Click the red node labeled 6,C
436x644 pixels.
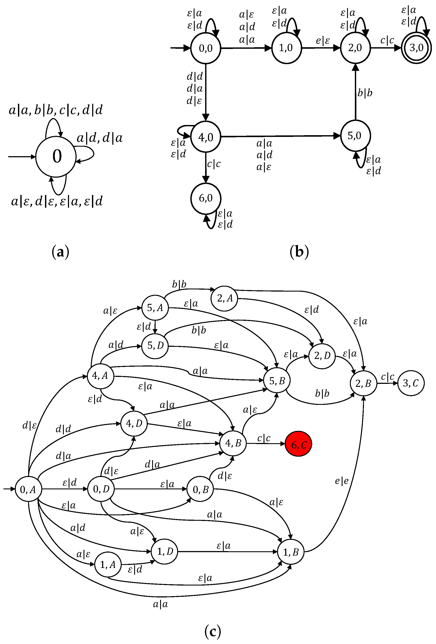click(x=298, y=444)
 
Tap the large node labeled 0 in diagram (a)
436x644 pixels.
click(x=56, y=156)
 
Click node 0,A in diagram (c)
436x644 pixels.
click(x=28, y=489)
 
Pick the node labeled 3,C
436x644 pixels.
click(x=411, y=383)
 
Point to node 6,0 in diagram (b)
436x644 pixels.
click(x=206, y=198)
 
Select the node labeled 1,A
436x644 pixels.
click(x=108, y=565)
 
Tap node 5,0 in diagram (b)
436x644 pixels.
click(x=355, y=136)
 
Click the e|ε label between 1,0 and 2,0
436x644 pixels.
click(x=323, y=41)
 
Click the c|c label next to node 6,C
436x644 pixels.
click(x=264, y=438)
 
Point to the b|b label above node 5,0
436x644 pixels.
click(x=365, y=93)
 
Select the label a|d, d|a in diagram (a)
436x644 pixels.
click(x=99, y=138)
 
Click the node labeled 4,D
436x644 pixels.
click(x=134, y=423)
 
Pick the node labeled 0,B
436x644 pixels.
click(x=200, y=489)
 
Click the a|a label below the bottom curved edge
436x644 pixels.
click(x=160, y=604)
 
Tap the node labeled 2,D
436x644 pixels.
click(x=322, y=356)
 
